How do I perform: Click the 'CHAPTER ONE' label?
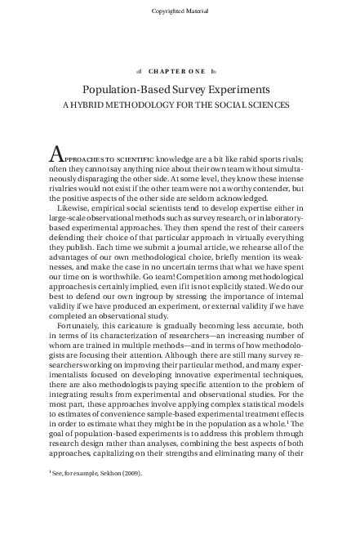[180, 70]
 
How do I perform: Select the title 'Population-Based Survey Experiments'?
[180, 89]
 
